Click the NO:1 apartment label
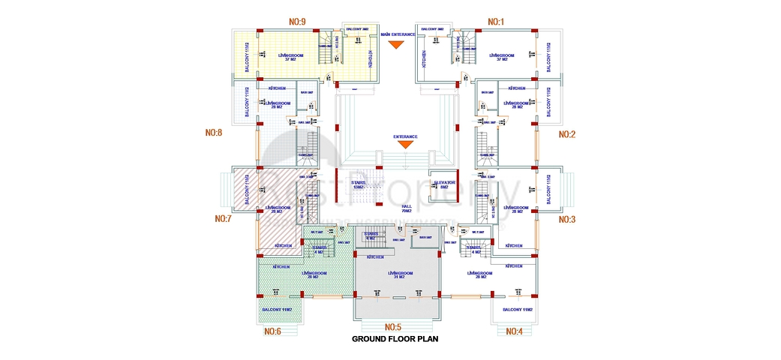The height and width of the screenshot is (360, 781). click(496, 22)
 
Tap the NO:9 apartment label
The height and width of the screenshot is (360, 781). click(297, 22)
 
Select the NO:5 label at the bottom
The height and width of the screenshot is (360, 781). click(393, 327)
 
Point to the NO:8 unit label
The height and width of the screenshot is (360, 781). click(214, 133)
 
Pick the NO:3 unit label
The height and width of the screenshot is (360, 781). click(567, 220)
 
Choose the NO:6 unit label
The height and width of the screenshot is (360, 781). click(273, 331)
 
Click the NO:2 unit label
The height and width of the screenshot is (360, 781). click(567, 134)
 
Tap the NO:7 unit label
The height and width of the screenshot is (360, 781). click(223, 219)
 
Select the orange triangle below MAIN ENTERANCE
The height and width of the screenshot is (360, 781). click(396, 46)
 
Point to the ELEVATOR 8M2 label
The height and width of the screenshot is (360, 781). click(445, 184)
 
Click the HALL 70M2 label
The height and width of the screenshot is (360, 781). click(407, 208)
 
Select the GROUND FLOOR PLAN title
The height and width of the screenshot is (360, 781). click(395, 339)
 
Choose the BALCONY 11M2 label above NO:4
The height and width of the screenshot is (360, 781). click(517, 310)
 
